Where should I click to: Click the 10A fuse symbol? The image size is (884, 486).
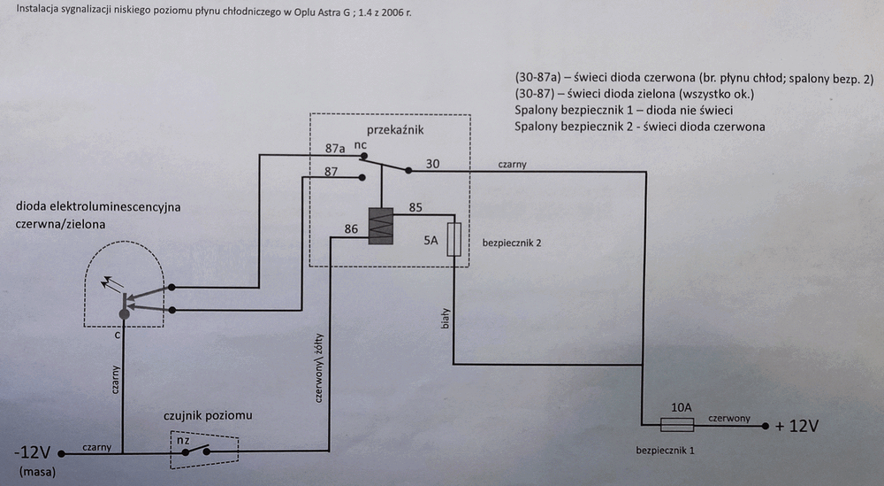click(x=676, y=424)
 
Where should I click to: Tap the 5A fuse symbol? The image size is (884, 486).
click(x=453, y=239)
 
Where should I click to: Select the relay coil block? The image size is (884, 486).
click(x=380, y=226)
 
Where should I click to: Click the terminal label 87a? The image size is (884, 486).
click(x=335, y=149)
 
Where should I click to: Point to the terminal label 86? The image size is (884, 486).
click(x=351, y=228)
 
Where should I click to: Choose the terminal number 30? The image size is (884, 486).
click(x=432, y=164)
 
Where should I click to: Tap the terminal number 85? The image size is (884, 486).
click(x=415, y=207)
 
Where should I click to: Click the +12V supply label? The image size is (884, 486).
click(x=796, y=426)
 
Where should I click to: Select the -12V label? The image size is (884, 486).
click(x=33, y=452)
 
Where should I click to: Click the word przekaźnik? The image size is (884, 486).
click(x=394, y=130)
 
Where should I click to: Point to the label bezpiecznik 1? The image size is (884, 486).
click(x=666, y=451)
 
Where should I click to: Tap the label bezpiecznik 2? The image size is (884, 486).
click(x=511, y=243)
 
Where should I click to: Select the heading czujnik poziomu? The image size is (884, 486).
click(x=208, y=415)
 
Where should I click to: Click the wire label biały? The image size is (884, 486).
click(x=446, y=319)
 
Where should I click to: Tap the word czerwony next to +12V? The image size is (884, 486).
click(x=729, y=418)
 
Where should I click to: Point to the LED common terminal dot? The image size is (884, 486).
click(x=124, y=314)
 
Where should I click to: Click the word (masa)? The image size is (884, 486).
click(x=37, y=471)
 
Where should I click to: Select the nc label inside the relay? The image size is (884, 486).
click(x=361, y=145)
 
